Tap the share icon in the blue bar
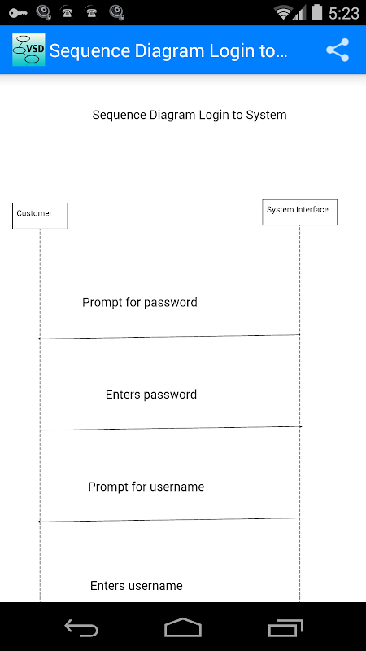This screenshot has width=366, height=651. (x=338, y=50)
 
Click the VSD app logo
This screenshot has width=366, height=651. (x=28, y=50)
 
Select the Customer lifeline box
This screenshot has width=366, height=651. (x=40, y=216)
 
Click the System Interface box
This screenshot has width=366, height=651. (x=299, y=212)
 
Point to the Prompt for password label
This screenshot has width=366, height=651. (x=139, y=302)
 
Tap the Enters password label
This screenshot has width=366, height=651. (x=151, y=395)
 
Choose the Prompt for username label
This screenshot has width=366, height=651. (x=146, y=487)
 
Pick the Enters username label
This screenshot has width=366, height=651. (x=137, y=586)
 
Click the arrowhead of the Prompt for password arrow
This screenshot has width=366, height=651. (x=39, y=339)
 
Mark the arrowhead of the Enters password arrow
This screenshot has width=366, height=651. (x=300, y=426)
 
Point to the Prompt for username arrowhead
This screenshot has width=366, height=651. (x=39, y=522)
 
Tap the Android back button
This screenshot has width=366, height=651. (x=81, y=627)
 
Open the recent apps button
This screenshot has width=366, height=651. (x=285, y=627)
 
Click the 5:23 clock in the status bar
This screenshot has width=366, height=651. (x=343, y=13)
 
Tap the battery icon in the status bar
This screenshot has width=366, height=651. (x=316, y=12)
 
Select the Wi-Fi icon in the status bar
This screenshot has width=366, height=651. (x=283, y=13)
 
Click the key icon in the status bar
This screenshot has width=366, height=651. (x=18, y=13)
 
